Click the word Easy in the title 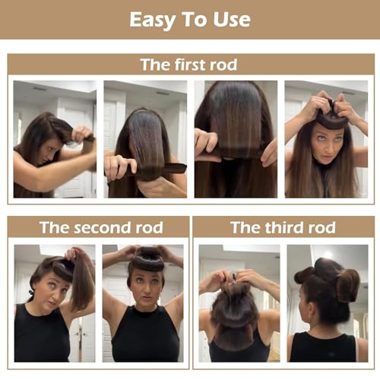pyautogui.click(x=153, y=19)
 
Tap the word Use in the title pyautogui.click(x=230, y=19)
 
